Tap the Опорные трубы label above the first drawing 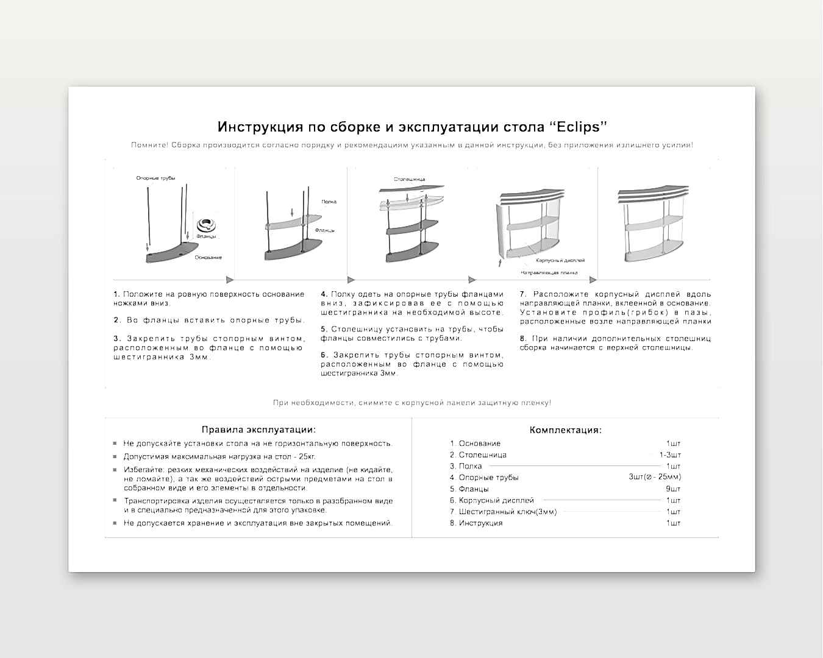pyautogui.click(x=155, y=178)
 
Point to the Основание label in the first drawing pyautogui.click(x=208, y=258)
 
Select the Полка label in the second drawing pyautogui.click(x=329, y=202)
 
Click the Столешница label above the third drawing pyautogui.click(x=409, y=180)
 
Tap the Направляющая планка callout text pyautogui.click(x=549, y=273)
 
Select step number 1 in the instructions pyautogui.click(x=116, y=294)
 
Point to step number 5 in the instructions pyautogui.click(x=324, y=329)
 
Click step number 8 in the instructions pyautogui.click(x=523, y=339)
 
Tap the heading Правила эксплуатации pyautogui.click(x=258, y=430)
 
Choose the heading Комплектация pyautogui.click(x=565, y=430)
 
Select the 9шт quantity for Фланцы pyautogui.click(x=673, y=489)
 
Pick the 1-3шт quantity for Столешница pyautogui.click(x=670, y=455)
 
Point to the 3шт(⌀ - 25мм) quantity pyautogui.click(x=655, y=478)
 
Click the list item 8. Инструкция pyautogui.click(x=476, y=523)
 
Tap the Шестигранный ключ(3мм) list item pyautogui.click(x=503, y=512)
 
